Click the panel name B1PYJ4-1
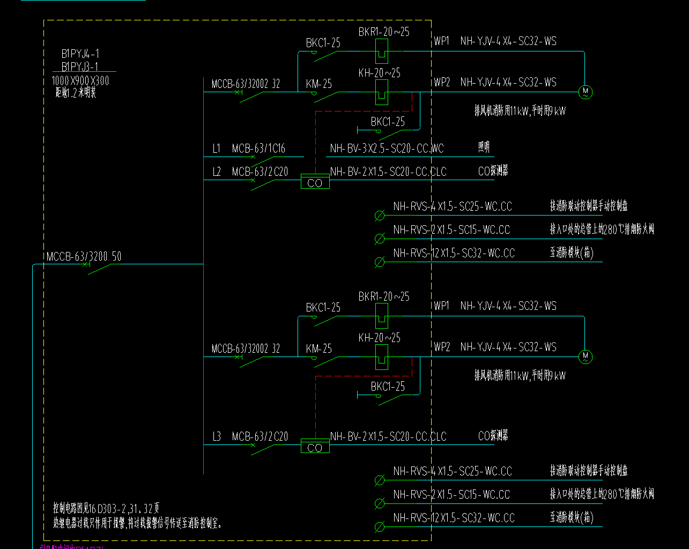click(x=80, y=54)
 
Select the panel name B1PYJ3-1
click(x=80, y=67)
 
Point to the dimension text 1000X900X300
click(x=80, y=80)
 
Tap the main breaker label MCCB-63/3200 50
click(x=84, y=257)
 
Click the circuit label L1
click(x=216, y=149)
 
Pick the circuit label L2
click(x=216, y=172)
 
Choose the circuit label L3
click(x=216, y=436)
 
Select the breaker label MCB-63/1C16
click(x=258, y=149)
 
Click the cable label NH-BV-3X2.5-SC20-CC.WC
click(x=387, y=149)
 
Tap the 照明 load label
click(x=484, y=147)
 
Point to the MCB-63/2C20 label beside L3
click(x=260, y=436)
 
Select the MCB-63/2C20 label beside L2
click(x=260, y=172)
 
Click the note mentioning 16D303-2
click(x=106, y=508)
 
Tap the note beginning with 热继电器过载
click(x=137, y=523)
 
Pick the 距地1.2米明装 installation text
click(x=76, y=93)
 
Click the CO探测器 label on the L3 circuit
click(x=493, y=435)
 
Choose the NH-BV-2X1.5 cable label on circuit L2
click(x=388, y=172)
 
